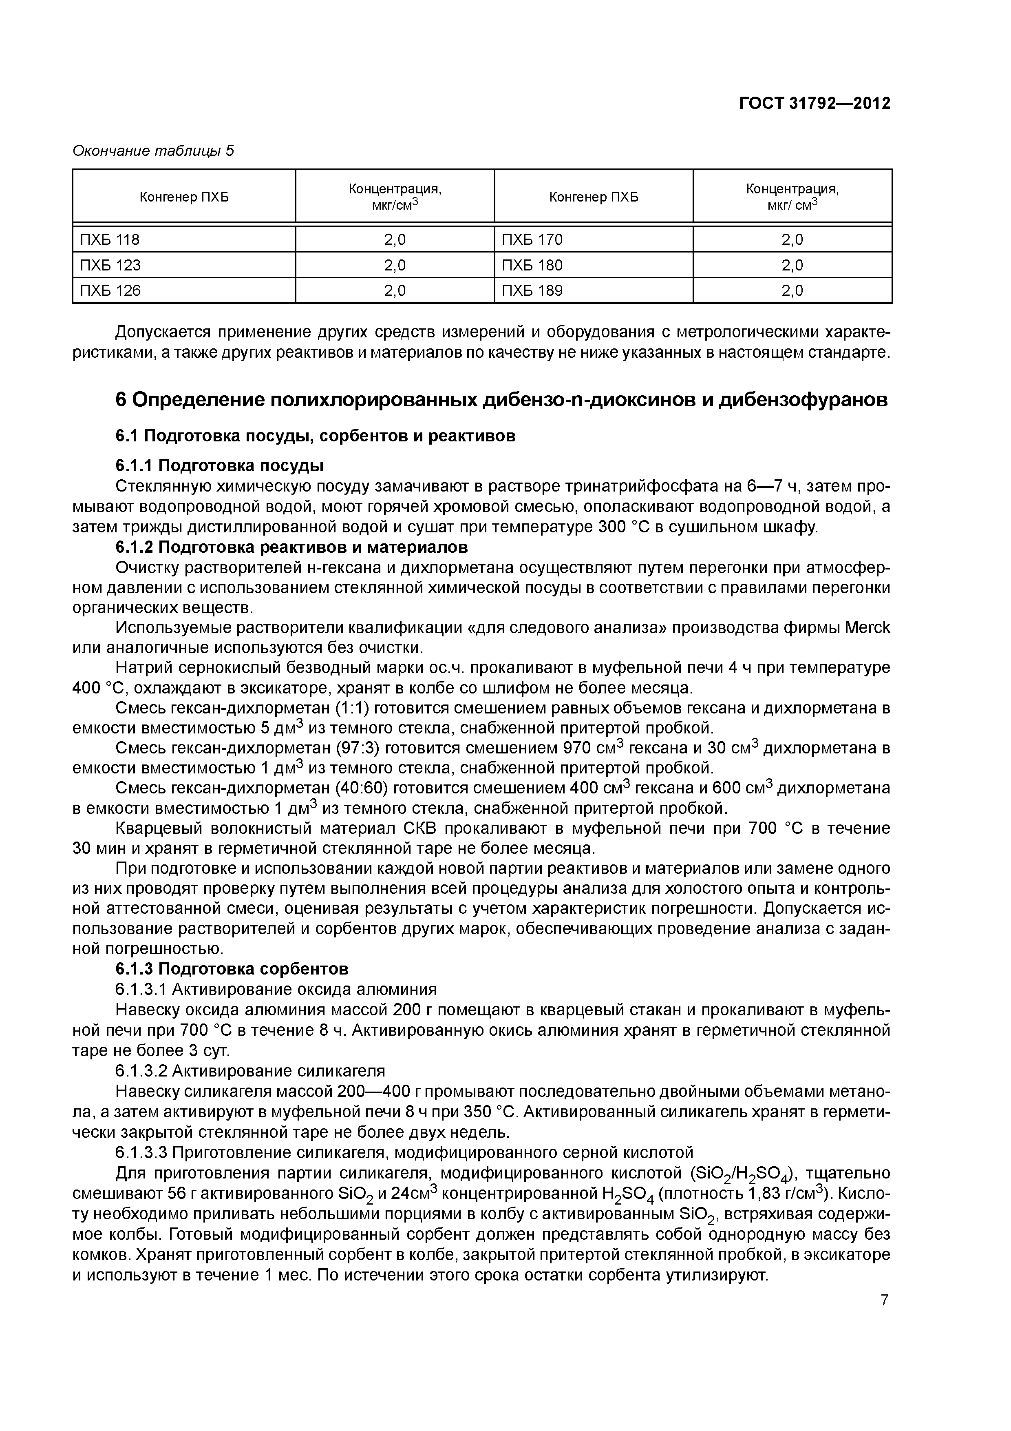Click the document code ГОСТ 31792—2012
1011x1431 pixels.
point(814,103)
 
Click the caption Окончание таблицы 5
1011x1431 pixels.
point(153,151)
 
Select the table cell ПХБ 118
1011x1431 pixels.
point(110,239)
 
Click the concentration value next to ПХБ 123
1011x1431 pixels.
point(394,265)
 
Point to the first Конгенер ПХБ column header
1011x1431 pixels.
point(184,197)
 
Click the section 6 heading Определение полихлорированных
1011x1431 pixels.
point(501,399)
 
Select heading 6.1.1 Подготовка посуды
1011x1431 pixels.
point(219,465)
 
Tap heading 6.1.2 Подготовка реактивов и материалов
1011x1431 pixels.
point(291,547)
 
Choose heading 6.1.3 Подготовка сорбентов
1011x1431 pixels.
point(232,968)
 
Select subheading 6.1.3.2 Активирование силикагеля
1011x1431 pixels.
point(250,1071)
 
